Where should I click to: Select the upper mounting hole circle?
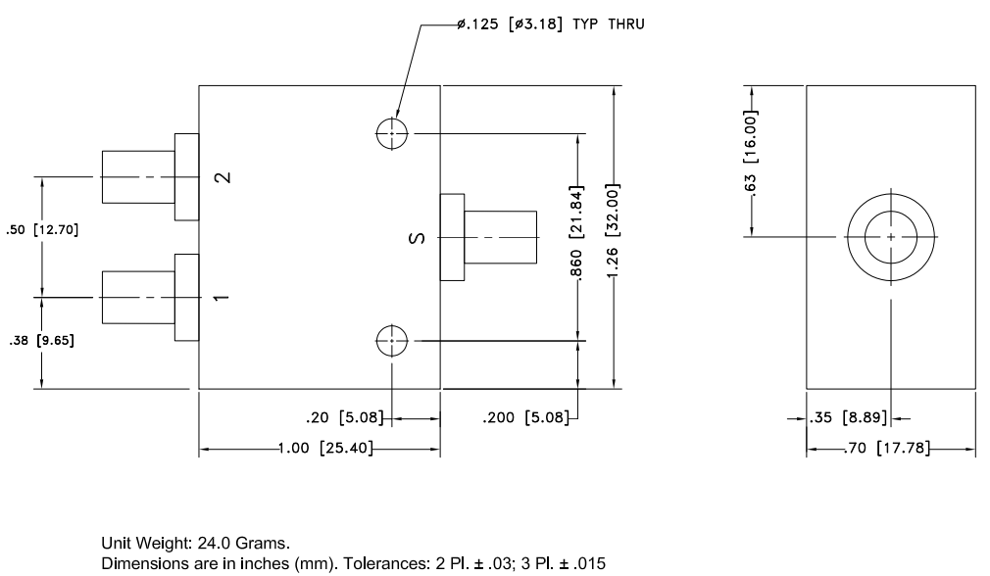coord(391,134)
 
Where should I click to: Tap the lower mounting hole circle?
coord(391,341)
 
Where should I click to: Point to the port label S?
coord(415,237)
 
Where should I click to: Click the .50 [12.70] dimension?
coord(40,231)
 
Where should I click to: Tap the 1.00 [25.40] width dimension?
coord(319,451)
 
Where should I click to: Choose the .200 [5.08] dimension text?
coord(525,418)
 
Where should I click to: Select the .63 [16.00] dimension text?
coord(751,159)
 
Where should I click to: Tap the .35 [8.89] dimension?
coord(849,418)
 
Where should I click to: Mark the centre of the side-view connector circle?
coord(890,237)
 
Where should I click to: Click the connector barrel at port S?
coord(500,237)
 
